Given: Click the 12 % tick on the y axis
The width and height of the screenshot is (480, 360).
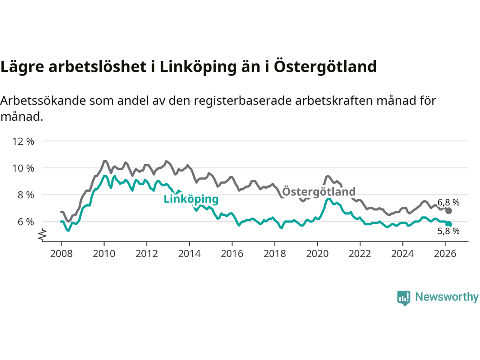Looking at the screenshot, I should pyautogui.click(x=23, y=141).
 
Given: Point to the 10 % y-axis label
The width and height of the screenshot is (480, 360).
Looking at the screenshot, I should pyautogui.click(x=23, y=168).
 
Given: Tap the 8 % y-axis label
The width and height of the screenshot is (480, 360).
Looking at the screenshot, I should pyautogui.click(x=25, y=195).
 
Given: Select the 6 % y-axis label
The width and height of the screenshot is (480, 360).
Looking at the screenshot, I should pyautogui.click(x=25, y=222).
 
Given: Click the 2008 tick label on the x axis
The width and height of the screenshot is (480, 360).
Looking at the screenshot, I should pyautogui.click(x=61, y=254).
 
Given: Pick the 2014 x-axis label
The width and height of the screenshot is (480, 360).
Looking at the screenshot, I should pyautogui.click(x=189, y=254).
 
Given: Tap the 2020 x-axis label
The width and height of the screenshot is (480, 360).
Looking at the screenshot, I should pyautogui.click(x=317, y=254).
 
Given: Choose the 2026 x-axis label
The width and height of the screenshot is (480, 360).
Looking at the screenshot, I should pyautogui.click(x=445, y=254).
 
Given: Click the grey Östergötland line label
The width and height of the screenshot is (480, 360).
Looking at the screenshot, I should pyautogui.click(x=319, y=192).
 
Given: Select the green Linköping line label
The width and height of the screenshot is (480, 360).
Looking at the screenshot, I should pyautogui.click(x=191, y=199).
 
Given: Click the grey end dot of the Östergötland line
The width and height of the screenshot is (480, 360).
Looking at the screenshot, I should pyautogui.click(x=448, y=211).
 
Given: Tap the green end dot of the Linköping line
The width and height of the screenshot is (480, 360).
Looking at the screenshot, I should pyautogui.click(x=449, y=224).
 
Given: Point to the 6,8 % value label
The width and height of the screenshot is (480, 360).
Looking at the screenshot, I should pyautogui.click(x=448, y=202).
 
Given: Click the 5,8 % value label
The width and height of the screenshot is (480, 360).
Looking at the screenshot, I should pyautogui.click(x=448, y=231).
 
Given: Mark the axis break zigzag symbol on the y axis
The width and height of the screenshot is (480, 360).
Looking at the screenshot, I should pyautogui.click(x=42, y=235).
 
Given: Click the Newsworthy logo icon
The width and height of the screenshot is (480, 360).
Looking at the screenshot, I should pyautogui.click(x=404, y=298).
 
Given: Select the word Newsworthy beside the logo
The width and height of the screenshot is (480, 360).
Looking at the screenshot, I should pyautogui.click(x=447, y=297).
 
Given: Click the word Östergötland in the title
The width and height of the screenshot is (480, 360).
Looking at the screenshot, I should pyautogui.click(x=325, y=66).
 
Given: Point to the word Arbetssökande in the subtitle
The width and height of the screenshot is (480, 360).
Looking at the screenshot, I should pyautogui.click(x=43, y=100).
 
